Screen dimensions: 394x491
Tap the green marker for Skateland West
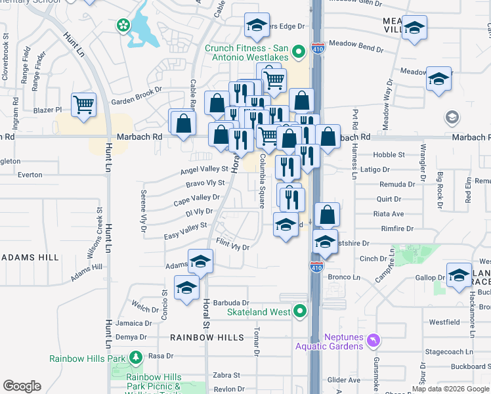click(301, 311)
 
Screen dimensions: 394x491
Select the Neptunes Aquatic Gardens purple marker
click(374, 340)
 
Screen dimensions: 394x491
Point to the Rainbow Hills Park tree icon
click(136, 358)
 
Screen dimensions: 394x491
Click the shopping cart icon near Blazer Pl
click(84, 105)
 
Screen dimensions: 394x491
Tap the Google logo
click(22, 386)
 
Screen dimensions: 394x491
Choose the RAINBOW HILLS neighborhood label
click(207, 338)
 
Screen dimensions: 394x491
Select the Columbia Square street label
click(262, 181)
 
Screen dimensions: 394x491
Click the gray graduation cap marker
click(452, 118)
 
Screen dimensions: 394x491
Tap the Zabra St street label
click(226, 375)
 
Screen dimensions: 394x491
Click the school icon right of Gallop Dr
click(459, 275)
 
